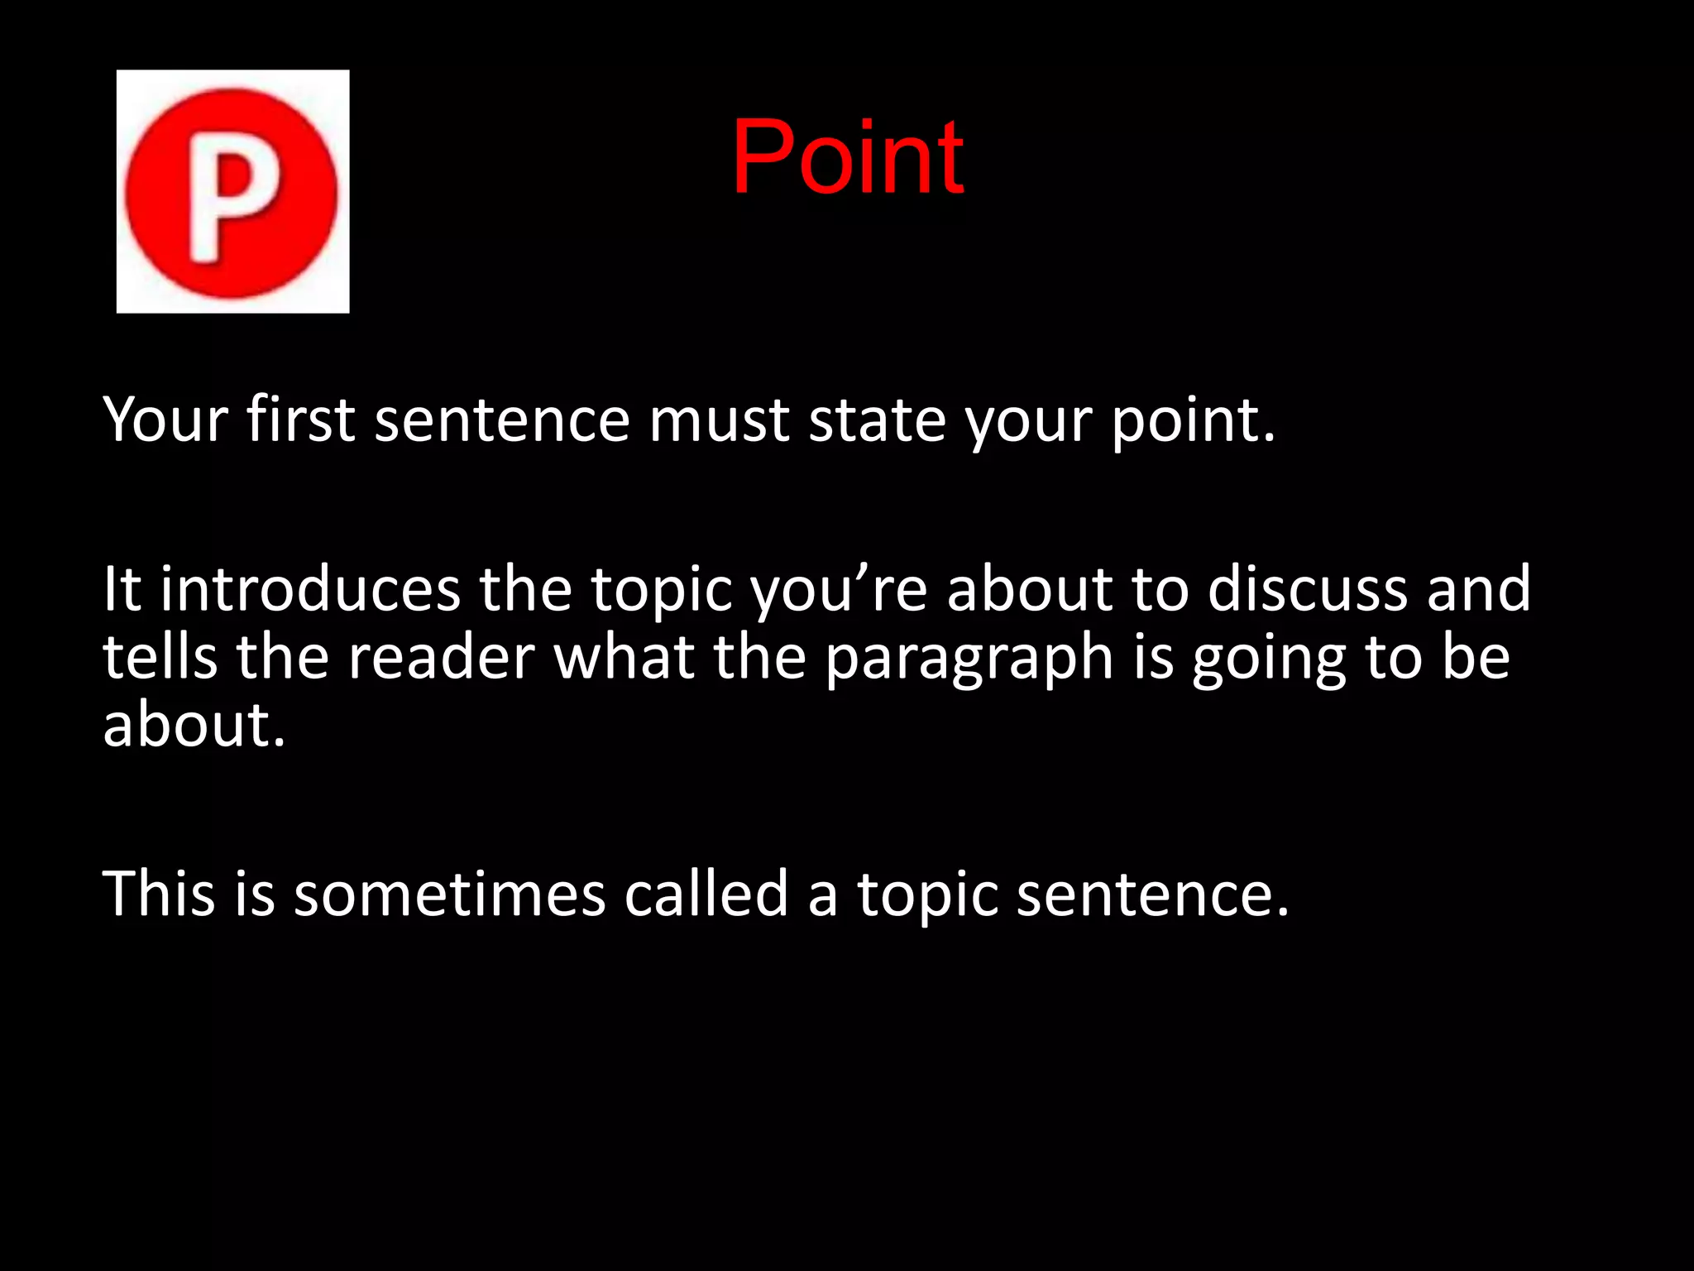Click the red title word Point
pyautogui.click(x=847, y=157)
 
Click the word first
pyautogui.click(x=300, y=420)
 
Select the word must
pyautogui.click(x=718, y=420)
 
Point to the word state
pyautogui.click(x=877, y=420)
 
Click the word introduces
pyautogui.click(x=309, y=589)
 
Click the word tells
pyautogui.click(x=160, y=657)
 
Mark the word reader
pyautogui.click(x=441, y=658)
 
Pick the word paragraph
pyautogui.click(x=969, y=659)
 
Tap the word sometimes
pyautogui.click(x=450, y=894)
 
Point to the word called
pyautogui.click(x=706, y=894)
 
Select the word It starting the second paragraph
pyautogui.click(x=122, y=589)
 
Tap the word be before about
pyautogui.click(x=1476, y=657)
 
